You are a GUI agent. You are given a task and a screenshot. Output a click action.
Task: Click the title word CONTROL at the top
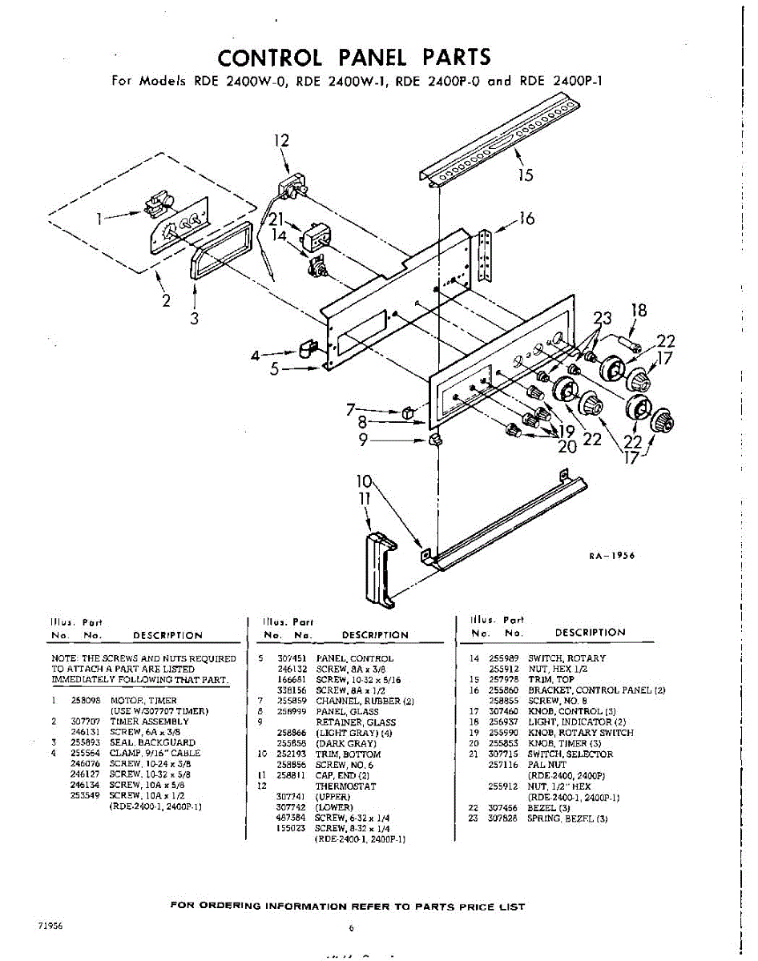pyautogui.click(x=270, y=58)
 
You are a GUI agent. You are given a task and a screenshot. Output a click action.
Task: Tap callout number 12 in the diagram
pyautogui.click(x=281, y=141)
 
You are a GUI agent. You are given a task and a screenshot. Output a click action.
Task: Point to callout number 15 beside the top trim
pyautogui.click(x=526, y=175)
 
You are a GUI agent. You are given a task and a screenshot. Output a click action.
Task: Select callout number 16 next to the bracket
pyautogui.click(x=526, y=219)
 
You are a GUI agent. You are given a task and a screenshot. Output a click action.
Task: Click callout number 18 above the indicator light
pyautogui.click(x=638, y=311)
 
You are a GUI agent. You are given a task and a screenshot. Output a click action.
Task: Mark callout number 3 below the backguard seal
pyautogui.click(x=195, y=317)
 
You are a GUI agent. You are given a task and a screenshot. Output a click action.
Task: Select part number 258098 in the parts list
pyautogui.click(x=85, y=700)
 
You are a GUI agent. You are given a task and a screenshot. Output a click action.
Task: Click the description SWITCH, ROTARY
pyautogui.click(x=566, y=658)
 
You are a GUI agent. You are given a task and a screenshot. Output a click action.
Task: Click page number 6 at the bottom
pyautogui.click(x=351, y=929)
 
